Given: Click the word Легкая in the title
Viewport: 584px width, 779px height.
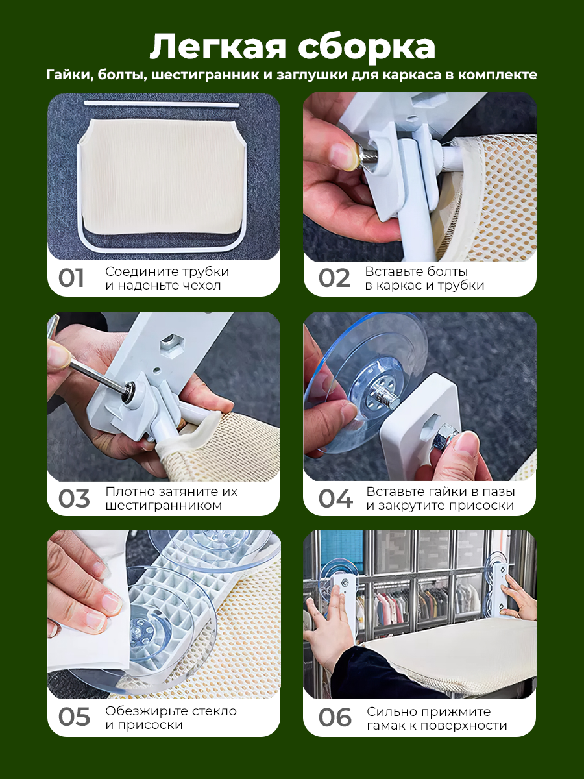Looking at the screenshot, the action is [217, 47].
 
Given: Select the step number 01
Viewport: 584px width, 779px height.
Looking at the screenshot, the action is [71, 278].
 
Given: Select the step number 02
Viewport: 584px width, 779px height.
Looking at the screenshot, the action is [334, 278].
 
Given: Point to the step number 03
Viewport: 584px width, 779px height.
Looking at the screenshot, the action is [74, 499].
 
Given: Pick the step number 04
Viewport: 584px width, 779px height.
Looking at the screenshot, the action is [335, 499].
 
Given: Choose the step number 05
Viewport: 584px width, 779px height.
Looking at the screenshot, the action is [74, 717].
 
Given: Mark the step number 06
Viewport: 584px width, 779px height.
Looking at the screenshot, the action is [335, 717].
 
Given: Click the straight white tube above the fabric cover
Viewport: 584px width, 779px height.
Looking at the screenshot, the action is [162, 104].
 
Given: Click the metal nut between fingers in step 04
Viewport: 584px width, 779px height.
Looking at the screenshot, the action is [444, 440].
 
